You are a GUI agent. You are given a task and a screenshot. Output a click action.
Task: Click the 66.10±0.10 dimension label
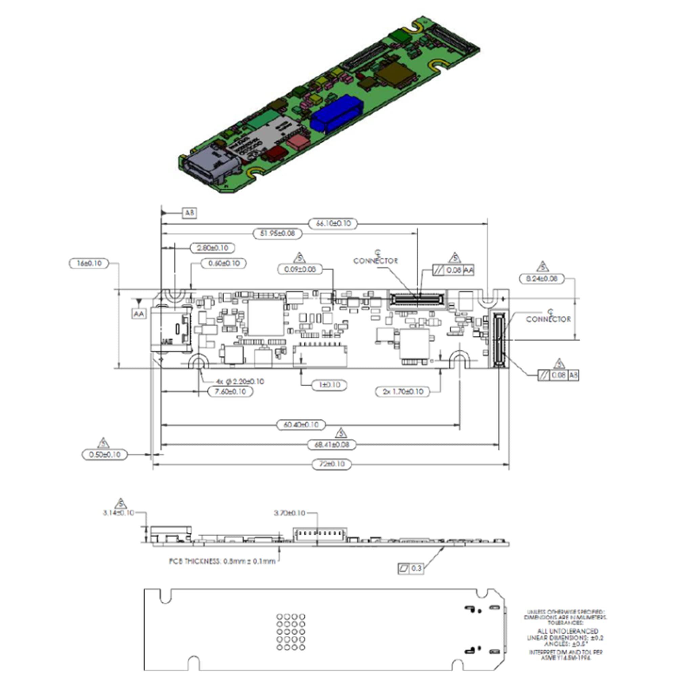click(x=333, y=223)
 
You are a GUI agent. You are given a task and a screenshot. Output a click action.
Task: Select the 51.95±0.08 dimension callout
click(x=277, y=233)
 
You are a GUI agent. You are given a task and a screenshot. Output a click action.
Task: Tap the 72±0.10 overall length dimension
click(x=331, y=464)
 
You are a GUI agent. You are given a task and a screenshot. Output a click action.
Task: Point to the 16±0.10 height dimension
click(x=89, y=263)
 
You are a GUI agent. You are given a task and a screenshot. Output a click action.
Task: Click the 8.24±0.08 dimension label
click(x=541, y=279)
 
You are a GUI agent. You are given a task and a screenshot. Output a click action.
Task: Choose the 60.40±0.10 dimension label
click(x=301, y=425)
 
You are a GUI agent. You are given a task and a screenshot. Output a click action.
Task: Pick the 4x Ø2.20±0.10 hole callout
click(x=240, y=381)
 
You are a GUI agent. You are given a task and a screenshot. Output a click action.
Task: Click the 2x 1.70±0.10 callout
click(x=402, y=391)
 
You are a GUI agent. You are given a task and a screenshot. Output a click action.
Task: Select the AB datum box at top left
click(x=189, y=213)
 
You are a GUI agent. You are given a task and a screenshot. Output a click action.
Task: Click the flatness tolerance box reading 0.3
click(x=411, y=568)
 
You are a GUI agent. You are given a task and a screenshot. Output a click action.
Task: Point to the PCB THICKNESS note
click(x=222, y=561)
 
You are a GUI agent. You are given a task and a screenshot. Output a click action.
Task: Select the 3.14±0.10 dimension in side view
click(x=118, y=512)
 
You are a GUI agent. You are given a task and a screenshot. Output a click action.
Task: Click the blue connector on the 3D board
click(x=336, y=113)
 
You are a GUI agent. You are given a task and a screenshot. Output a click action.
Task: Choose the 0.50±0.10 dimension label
click(x=104, y=455)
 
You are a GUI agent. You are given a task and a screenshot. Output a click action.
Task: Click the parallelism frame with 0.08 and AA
click(x=453, y=270)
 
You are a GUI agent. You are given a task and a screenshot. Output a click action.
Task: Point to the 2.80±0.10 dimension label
click(x=212, y=248)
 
